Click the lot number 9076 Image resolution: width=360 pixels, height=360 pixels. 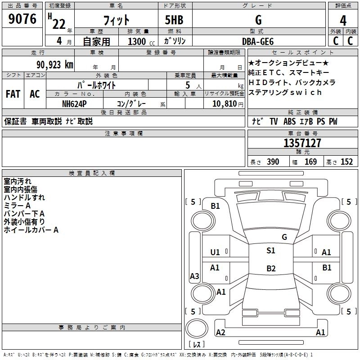22,19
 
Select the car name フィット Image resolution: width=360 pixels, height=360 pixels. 117,20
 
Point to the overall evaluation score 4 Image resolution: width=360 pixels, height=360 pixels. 343,20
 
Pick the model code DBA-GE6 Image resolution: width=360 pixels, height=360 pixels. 258,41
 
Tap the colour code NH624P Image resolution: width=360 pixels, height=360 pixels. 74,103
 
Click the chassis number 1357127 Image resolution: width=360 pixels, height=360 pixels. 302,143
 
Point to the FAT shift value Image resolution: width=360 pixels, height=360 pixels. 13,94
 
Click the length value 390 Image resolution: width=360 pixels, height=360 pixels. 273,162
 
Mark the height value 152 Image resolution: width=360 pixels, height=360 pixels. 346,162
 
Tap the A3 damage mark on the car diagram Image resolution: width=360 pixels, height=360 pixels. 194,276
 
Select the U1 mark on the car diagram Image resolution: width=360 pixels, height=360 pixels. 215,252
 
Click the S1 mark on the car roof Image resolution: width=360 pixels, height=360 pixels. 270,251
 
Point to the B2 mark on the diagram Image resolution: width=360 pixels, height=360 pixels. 270,269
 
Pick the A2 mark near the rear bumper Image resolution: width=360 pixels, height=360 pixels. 220,333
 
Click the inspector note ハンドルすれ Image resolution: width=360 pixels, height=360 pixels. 24,197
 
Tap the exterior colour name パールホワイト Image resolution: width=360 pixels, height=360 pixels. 97,85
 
